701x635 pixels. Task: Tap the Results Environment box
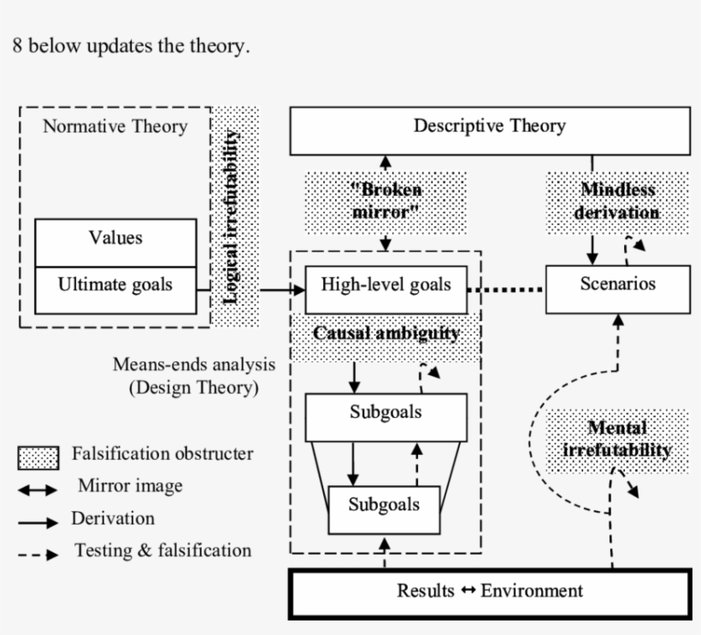490,591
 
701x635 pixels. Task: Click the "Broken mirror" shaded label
386,202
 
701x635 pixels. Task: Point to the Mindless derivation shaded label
617,202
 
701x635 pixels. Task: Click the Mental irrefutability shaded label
617,439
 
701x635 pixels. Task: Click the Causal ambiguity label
386,334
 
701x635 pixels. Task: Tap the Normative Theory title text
115,126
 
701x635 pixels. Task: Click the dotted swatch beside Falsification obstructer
38,458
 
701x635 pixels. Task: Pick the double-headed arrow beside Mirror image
38,490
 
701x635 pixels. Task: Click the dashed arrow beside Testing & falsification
38,554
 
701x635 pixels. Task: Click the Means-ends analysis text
194,365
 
